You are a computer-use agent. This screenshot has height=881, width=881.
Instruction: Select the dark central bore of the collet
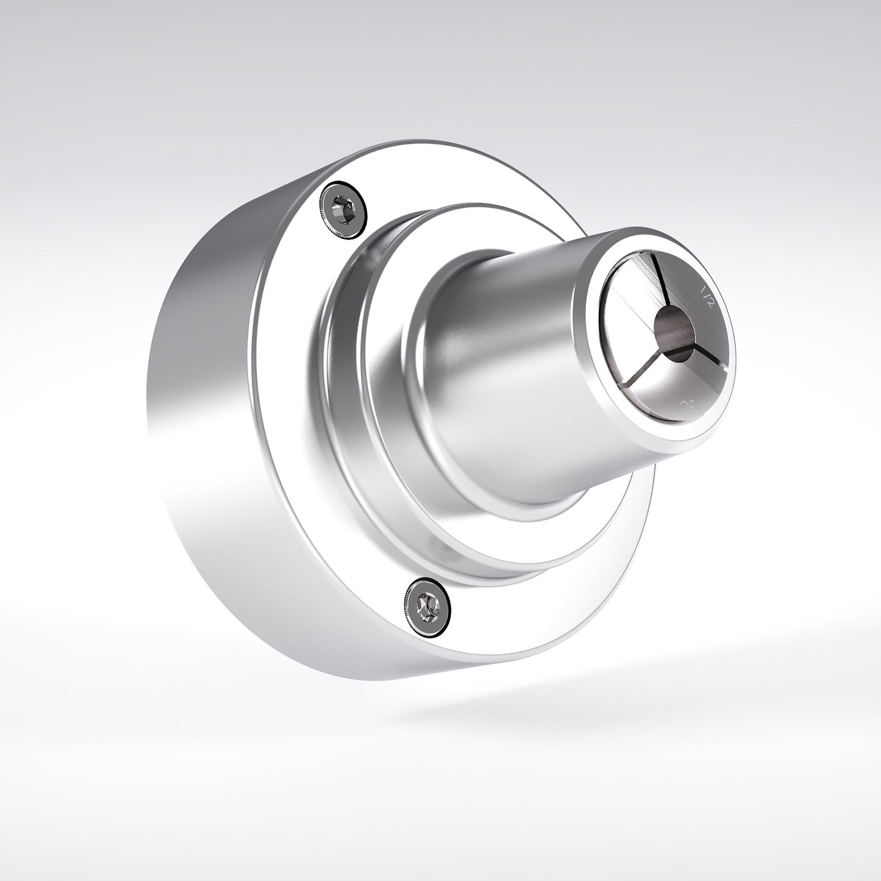click(x=674, y=330)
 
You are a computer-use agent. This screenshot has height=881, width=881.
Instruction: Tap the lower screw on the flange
click(x=428, y=607)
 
